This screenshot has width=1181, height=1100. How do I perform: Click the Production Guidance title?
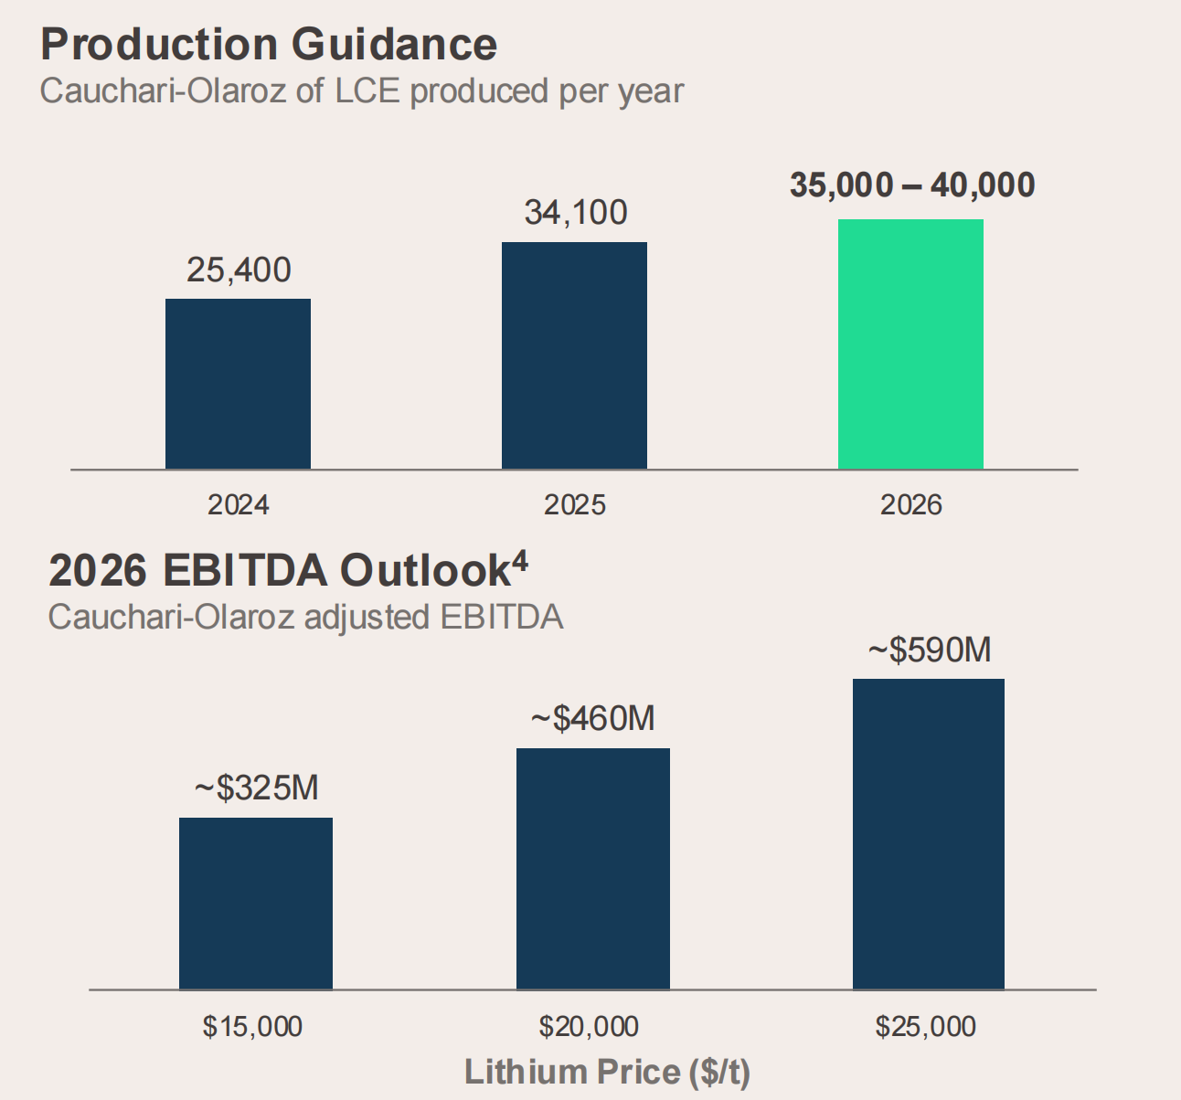coord(269,44)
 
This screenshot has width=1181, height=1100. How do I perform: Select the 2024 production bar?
coord(238,384)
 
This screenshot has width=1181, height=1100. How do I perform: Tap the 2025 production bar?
coord(574,355)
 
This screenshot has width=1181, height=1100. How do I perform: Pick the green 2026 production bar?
coord(910,344)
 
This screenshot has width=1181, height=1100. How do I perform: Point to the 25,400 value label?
coord(239,270)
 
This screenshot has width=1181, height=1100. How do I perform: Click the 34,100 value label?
coord(576,213)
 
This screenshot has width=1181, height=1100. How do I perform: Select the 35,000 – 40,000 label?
coord(912,185)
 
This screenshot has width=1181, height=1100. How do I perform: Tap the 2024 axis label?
coord(239,504)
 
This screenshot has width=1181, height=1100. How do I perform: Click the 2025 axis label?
coord(575,504)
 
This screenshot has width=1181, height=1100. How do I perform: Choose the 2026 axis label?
coord(911,504)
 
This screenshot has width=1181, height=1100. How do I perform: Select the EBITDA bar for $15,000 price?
coord(256,903)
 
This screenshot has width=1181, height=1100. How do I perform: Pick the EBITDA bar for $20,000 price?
coord(593,868)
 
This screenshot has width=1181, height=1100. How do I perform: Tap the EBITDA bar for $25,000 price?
coord(929,833)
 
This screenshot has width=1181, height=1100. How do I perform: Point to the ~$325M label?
coord(257,788)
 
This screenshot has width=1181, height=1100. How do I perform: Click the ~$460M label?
coord(593,719)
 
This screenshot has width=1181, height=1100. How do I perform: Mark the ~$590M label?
coord(930,650)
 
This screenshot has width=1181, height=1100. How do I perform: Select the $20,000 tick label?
coord(589,1027)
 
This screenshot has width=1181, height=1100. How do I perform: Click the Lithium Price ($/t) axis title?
coord(607,1072)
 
